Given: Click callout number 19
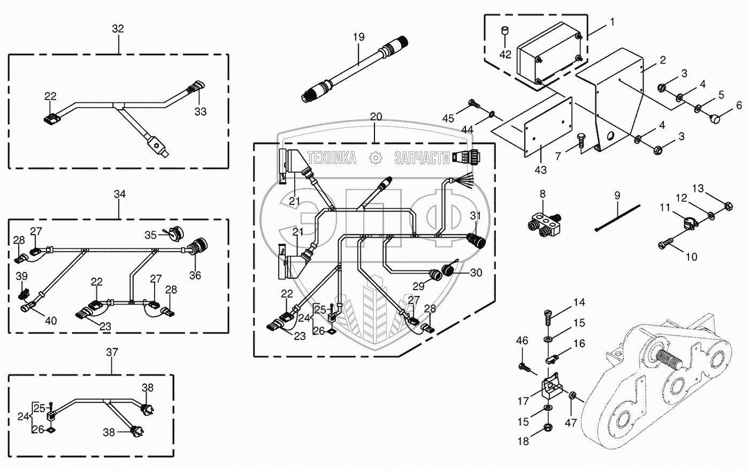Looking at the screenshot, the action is [358, 37].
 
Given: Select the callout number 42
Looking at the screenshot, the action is [505, 54].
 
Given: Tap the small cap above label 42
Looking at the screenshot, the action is [504, 31].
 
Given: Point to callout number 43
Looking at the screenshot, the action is [540, 170].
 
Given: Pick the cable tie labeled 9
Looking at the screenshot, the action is [618, 218].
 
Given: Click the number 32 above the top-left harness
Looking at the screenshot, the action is [118, 29].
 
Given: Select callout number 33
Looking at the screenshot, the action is [201, 111].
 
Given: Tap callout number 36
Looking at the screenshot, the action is [195, 275].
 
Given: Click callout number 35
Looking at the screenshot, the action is [150, 235].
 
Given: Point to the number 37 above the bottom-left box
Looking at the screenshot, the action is [112, 352].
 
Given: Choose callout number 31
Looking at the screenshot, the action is [475, 216].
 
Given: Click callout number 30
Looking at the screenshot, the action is [476, 272].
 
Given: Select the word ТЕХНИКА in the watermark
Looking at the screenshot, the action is [332, 158].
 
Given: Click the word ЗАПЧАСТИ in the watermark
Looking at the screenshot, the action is [422, 158].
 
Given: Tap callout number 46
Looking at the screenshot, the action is [522, 340].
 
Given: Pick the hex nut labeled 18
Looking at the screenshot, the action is [548, 427].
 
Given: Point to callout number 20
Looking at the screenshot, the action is [376, 117].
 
